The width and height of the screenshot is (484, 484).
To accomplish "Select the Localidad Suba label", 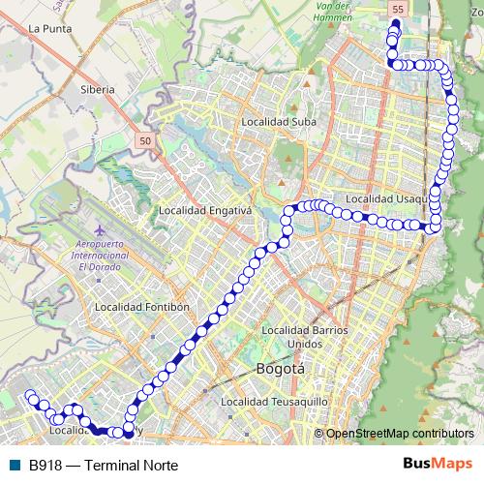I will pyautogui.click(x=277, y=122).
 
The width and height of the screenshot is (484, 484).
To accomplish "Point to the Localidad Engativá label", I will pyautogui.click(x=205, y=210).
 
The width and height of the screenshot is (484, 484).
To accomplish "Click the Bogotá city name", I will pyautogui.click(x=281, y=369).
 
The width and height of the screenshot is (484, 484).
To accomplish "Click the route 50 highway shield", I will pyautogui.click(x=144, y=141).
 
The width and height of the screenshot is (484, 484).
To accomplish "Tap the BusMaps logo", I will pyautogui.click(x=437, y=464).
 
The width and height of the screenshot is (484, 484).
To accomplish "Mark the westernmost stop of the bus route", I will pyautogui.click(x=30, y=395).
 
